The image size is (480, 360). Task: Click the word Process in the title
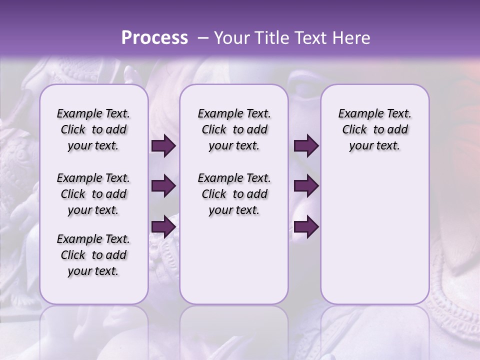tap(154, 38)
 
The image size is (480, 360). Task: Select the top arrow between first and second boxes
tap(163, 146)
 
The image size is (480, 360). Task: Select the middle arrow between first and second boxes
tap(163, 186)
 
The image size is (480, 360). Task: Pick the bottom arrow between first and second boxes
tap(163, 226)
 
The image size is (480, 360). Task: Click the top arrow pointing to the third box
tap(306, 146)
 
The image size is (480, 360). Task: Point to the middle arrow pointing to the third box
tap(306, 186)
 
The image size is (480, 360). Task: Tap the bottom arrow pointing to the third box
tap(306, 226)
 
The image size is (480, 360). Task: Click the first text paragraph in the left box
tap(93, 129)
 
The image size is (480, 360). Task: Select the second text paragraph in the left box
tap(93, 194)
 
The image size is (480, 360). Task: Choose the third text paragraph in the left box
tap(93, 255)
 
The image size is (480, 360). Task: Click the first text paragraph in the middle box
tap(234, 129)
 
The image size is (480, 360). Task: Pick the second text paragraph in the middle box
tap(234, 194)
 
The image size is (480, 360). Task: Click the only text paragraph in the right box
tap(375, 129)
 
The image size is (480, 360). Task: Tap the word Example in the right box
tap(356, 114)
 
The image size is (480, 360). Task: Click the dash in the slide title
tap(203, 38)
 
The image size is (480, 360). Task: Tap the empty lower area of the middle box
tap(234, 265)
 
